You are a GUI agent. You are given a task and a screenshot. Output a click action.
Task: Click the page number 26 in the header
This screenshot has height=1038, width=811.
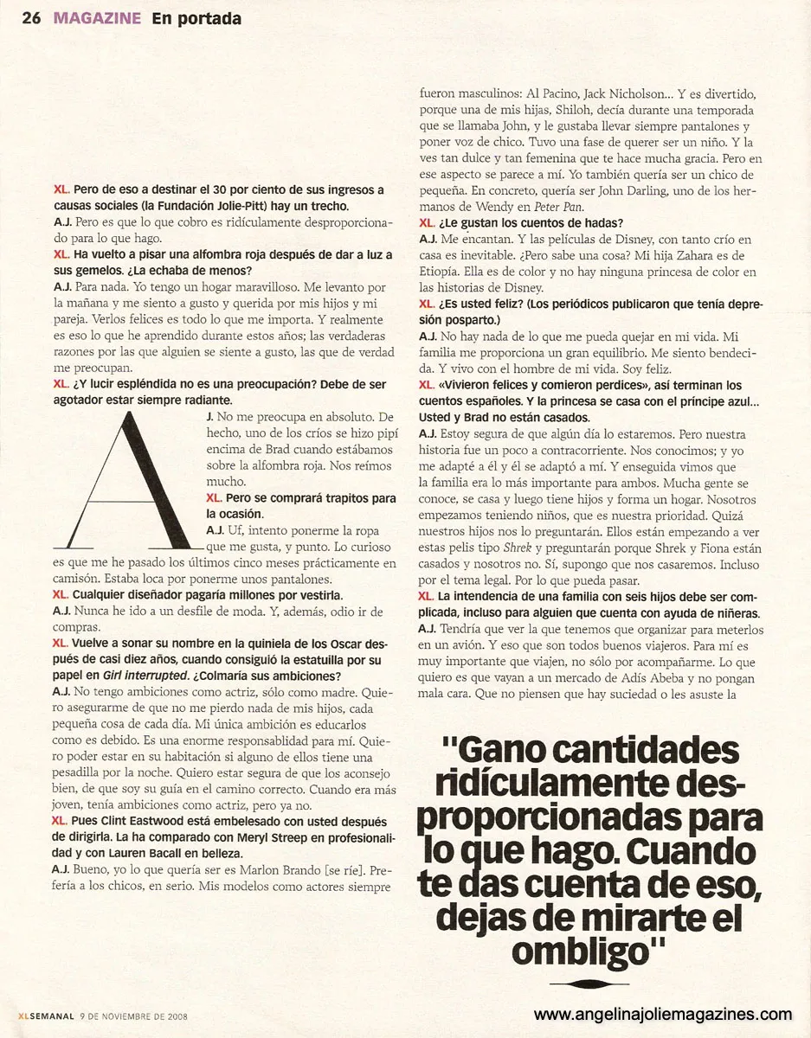pyautogui.click(x=32, y=18)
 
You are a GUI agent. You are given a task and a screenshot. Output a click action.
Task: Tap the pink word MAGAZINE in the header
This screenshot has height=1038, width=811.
pyautogui.click(x=96, y=18)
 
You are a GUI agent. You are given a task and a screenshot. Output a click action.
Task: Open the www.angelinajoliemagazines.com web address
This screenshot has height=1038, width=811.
pyautogui.click(x=662, y=1014)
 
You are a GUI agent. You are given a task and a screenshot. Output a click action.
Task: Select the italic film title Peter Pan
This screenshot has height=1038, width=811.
pyautogui.click(x=561, y=207)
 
